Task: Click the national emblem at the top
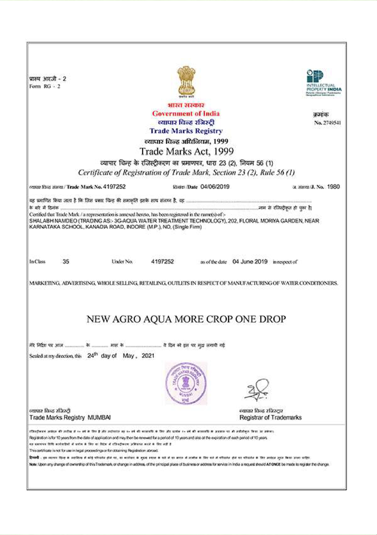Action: pos(186,81)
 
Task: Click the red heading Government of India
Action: pos(186,113)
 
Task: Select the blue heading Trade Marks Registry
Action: pos(186,131)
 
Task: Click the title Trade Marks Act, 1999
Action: pos(186,151)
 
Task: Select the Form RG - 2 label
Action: pos(45,86)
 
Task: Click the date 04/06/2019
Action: pos(215,187)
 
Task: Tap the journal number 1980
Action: pos(333,187)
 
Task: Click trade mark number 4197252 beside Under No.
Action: pos(162,262)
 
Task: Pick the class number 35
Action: pos(66,262)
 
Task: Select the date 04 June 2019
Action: pos(250,262)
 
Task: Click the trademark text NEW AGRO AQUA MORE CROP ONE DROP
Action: pos(186,319)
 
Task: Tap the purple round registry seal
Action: pos(186,383)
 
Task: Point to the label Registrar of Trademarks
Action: pos(271,417)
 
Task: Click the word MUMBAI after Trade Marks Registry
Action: pos(99,417)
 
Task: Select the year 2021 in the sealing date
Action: pos(148,356)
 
